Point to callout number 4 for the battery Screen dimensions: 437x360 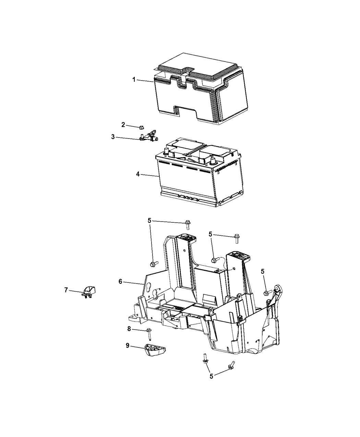[137, 174]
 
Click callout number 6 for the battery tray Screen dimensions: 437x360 [120, 281]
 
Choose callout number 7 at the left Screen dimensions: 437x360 [66, 290]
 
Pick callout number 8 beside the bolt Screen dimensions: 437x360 [129, 329]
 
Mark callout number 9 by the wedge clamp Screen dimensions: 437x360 [128, 346]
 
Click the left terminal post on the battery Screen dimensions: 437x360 [167, 151]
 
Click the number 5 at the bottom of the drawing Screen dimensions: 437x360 [211, 376]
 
